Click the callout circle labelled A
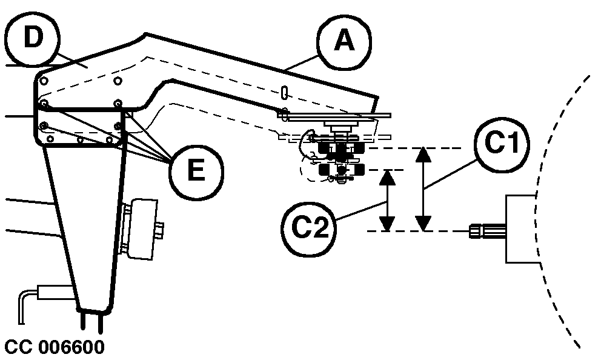[344, 41]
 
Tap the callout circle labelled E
[195, 169]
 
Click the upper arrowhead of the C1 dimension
[424, 154]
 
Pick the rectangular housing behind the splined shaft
[521, 228]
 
